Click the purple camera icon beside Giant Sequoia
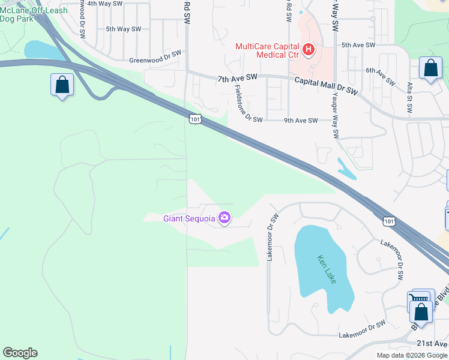[x=224, y=218]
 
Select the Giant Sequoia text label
[x=188, y=218]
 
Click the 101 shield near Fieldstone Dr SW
[x=194, y=119]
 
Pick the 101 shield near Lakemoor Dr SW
[x=389, y=222]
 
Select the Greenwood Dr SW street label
[x=155, y=61]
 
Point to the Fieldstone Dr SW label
[x=248, y=103]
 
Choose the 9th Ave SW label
[x=300, y=121]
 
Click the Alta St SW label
[x=409, y=98]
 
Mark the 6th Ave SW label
[x=381, y=76]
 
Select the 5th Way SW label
[x=123, y=29]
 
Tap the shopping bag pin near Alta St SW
[x=431, y=68]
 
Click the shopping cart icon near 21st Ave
[x=420, y=299]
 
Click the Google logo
[x=20, y=353]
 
